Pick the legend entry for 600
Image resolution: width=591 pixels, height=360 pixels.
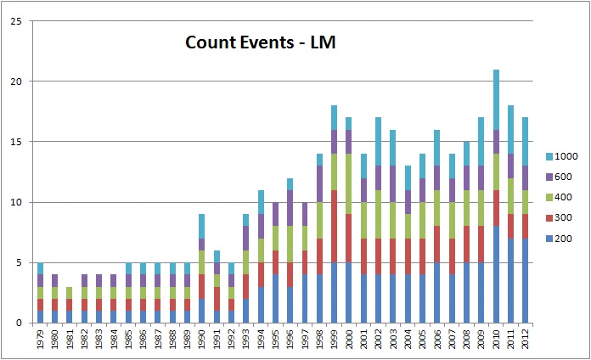pyautogui.click(x=560, y=177)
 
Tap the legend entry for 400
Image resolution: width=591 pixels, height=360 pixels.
pyautogui.click(x=560, y=196)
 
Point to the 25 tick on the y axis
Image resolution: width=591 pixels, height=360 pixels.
pyautogui.click(x=15, y=21)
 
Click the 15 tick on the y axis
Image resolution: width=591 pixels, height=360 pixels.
pyautogui.click(x=15, y=142)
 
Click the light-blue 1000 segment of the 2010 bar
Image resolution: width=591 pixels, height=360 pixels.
pyautogui.click(x=496, y=99)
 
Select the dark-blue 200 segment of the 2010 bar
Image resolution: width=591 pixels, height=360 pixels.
pyautogui.click(x=496, y=274)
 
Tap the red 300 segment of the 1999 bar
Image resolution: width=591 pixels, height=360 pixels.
pyautogui.click(x=335, y=226)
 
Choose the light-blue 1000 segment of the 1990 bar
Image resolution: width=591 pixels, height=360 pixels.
pyautogui.click(x=200, y=226)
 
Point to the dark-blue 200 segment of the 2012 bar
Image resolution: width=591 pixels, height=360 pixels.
pyautogui.click(x=526, y=280)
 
